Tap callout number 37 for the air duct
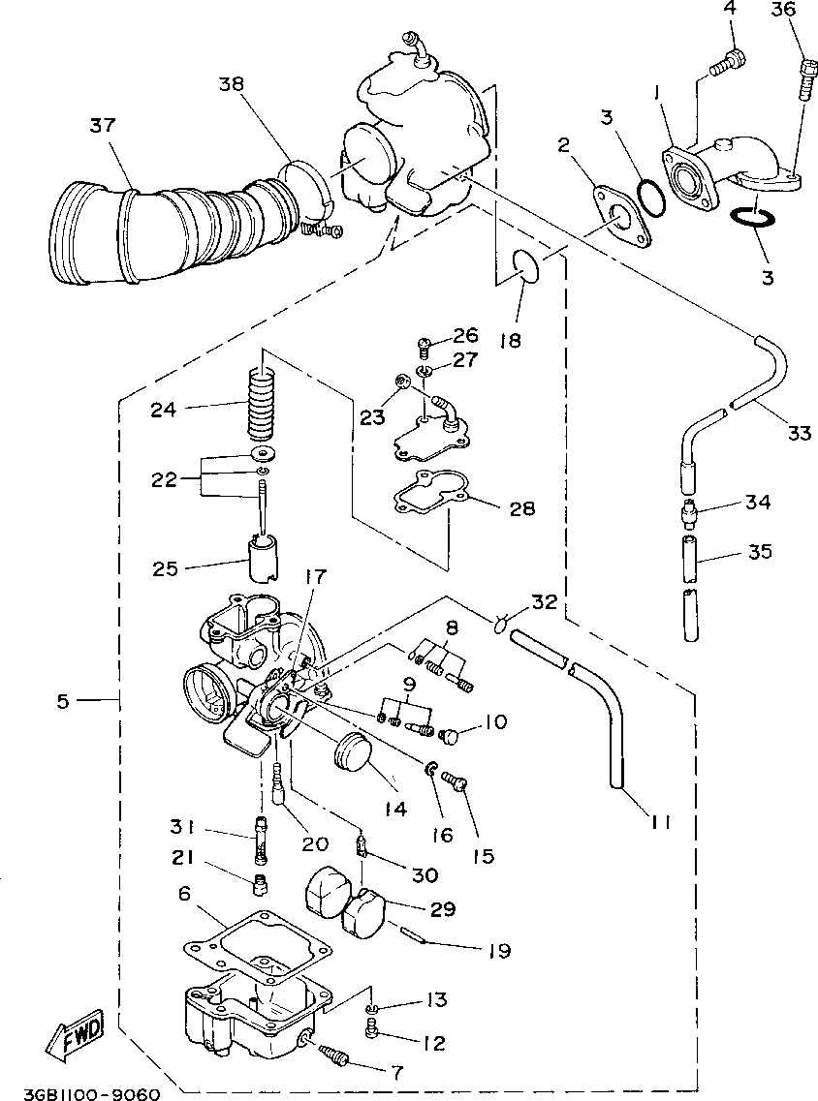[103, 127]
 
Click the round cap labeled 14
[354, 753]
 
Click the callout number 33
[798, 433]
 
